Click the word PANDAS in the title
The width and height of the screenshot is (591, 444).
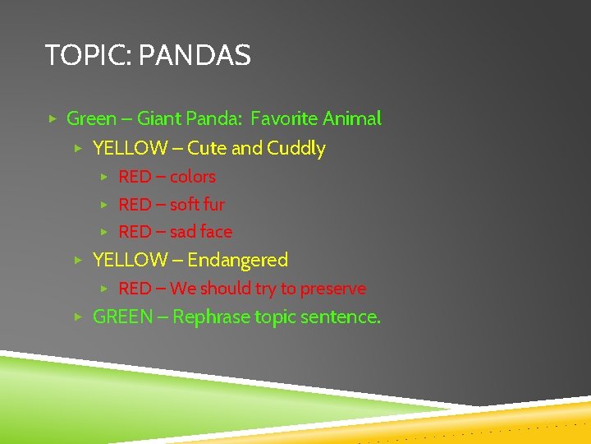click(195, 56)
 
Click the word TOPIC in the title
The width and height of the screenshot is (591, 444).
click(88, 56)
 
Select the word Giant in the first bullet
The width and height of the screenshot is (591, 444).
click(159, 118)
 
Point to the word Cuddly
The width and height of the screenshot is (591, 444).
click(296, 149)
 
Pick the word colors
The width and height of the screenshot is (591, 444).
click(192, 177)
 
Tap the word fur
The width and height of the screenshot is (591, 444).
click(213, 205)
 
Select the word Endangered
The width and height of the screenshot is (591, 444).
click(238, 261)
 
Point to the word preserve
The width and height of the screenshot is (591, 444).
click(333, 289)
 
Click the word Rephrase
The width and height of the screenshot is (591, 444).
click(212, 317)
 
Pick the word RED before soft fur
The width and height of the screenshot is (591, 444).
click(135, 205)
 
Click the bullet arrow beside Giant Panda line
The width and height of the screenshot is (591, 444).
click(52, 119)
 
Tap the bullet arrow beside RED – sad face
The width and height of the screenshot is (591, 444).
click(104, 233)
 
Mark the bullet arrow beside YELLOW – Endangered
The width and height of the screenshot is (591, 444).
click(77, 261)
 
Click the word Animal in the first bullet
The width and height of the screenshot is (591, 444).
click(352, 118)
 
